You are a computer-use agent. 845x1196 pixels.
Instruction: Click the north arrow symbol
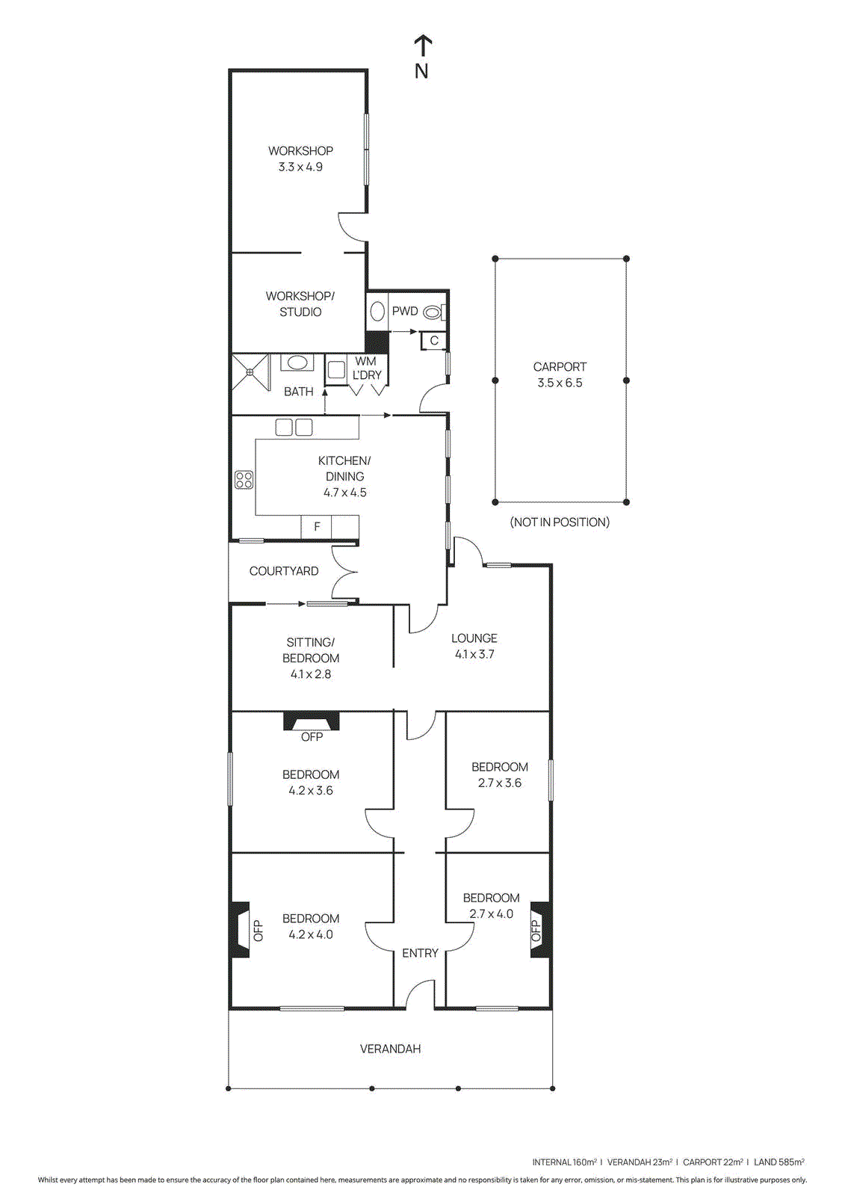(423, 46)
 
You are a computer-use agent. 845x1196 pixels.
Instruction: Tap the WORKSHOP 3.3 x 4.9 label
(300, 158)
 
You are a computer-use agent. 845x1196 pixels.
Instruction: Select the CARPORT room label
(560, 366)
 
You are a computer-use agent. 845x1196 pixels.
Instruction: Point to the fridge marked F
(317, 526)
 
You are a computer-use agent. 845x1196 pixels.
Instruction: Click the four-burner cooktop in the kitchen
(244, 479)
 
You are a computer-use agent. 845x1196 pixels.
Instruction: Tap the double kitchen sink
(294, 428)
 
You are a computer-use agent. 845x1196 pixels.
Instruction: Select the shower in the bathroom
(250, 372)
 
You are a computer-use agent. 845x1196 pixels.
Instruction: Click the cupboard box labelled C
(434, 341)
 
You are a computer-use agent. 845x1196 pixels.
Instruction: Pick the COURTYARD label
(284, 571)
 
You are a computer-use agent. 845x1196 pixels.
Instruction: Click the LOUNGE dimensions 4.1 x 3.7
(474, 654)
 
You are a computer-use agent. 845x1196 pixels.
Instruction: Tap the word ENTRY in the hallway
(420, 953)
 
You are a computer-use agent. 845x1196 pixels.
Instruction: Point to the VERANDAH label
(390, 1049)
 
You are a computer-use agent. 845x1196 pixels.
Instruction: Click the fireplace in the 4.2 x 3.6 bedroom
(312, 722)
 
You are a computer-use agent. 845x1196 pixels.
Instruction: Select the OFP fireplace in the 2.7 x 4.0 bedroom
(539, 930)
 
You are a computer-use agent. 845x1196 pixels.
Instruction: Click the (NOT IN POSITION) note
(560, 522)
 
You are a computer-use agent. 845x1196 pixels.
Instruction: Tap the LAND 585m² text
(779, 1162)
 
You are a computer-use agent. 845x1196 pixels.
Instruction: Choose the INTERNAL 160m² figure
(564, 1162)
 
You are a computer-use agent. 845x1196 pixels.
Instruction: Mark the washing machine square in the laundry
(336, 370)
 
